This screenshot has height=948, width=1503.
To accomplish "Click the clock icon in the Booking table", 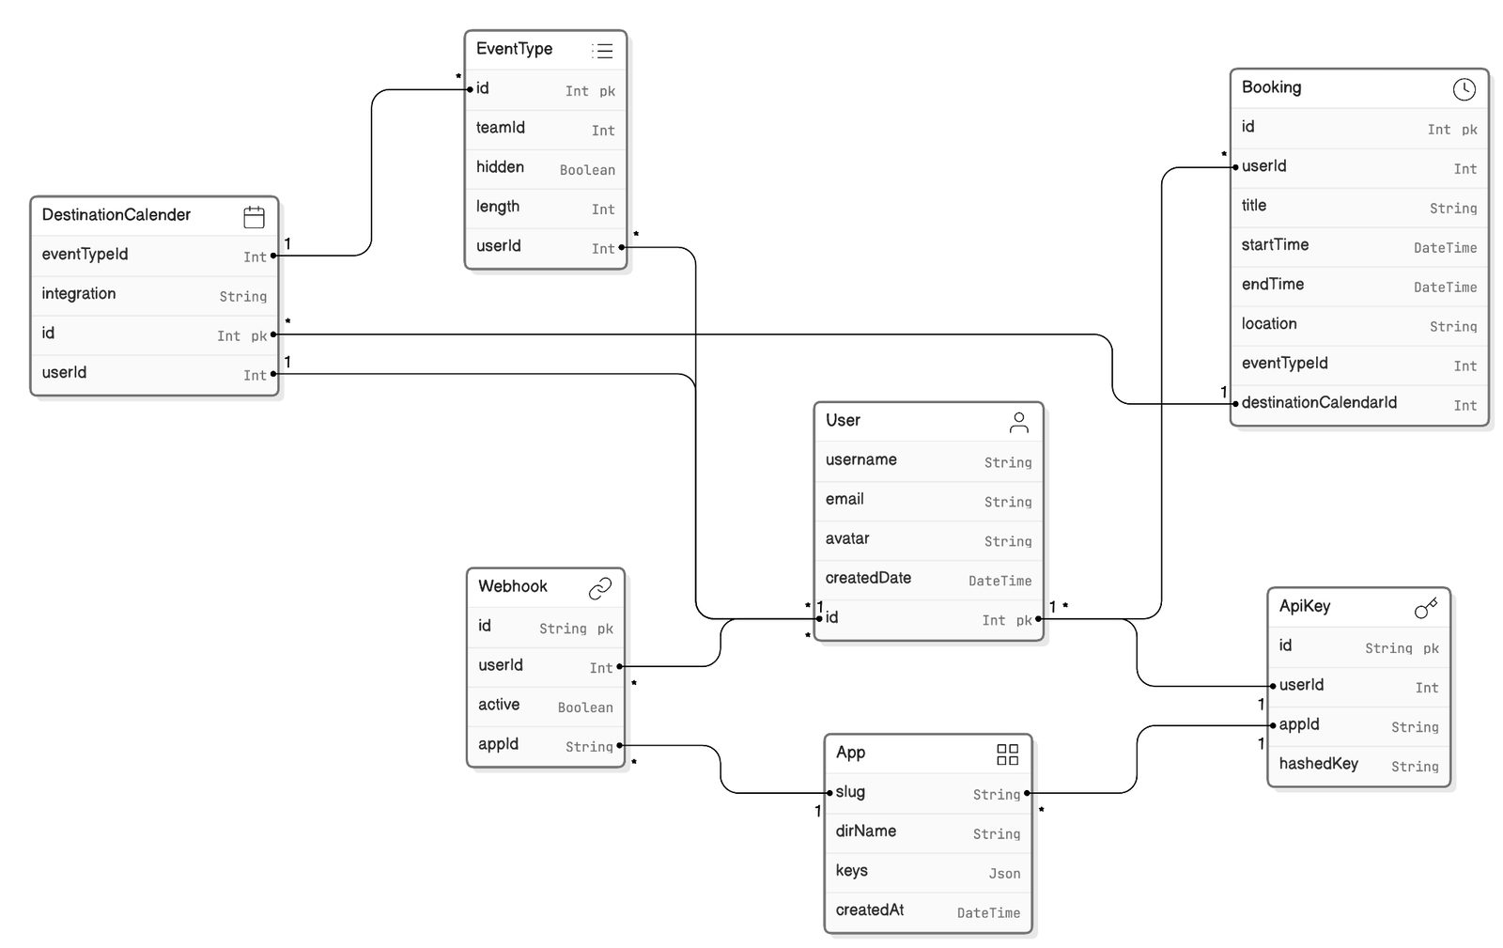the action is click(1464, 89).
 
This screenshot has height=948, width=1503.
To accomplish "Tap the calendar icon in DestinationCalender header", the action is click(254, 217).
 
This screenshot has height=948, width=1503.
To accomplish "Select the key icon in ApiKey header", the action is click(1426, 608).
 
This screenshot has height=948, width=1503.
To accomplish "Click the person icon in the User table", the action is click(1018, 422).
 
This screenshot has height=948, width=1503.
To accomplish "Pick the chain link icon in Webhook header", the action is click(600, 588).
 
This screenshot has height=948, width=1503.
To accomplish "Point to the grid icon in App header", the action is click(1007, 754).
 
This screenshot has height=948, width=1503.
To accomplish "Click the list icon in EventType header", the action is click(602, 51).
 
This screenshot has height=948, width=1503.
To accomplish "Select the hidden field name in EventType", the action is click(500, 167).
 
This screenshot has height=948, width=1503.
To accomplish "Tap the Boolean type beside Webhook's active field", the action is click(585, 707).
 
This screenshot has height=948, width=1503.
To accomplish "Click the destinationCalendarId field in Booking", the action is click(1319, 402).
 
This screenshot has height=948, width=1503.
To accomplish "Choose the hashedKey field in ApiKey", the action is click(1318, 764).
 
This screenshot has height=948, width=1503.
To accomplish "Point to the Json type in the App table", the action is click(1004, 874).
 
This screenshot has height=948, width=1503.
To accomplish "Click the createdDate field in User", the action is click(868, 578).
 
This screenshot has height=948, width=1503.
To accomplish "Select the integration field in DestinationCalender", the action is click(79, 294).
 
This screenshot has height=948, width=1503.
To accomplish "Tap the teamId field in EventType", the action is click(500, 128).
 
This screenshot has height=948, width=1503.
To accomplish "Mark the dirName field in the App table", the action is click(865, 831).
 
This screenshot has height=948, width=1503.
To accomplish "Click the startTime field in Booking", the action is click(1274, 245).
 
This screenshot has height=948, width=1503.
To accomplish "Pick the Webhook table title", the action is click(513, 586).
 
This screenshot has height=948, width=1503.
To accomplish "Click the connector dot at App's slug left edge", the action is click(830, 793).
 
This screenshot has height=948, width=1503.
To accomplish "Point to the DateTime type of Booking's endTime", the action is click(1445, 288).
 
